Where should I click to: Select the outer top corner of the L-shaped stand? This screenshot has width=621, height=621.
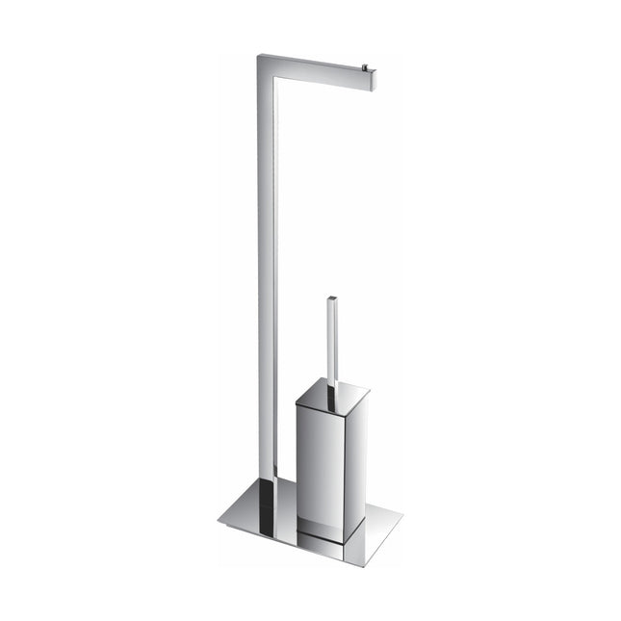pos(257,55)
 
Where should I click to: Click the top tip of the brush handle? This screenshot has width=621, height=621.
pos(332,298)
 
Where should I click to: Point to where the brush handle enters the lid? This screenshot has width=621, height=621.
pos(334,390)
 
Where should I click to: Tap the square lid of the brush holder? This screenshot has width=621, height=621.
pos(333,395)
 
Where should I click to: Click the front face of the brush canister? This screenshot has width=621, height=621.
pos(317,462)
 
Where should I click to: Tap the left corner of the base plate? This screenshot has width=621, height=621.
pos(220,521)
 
